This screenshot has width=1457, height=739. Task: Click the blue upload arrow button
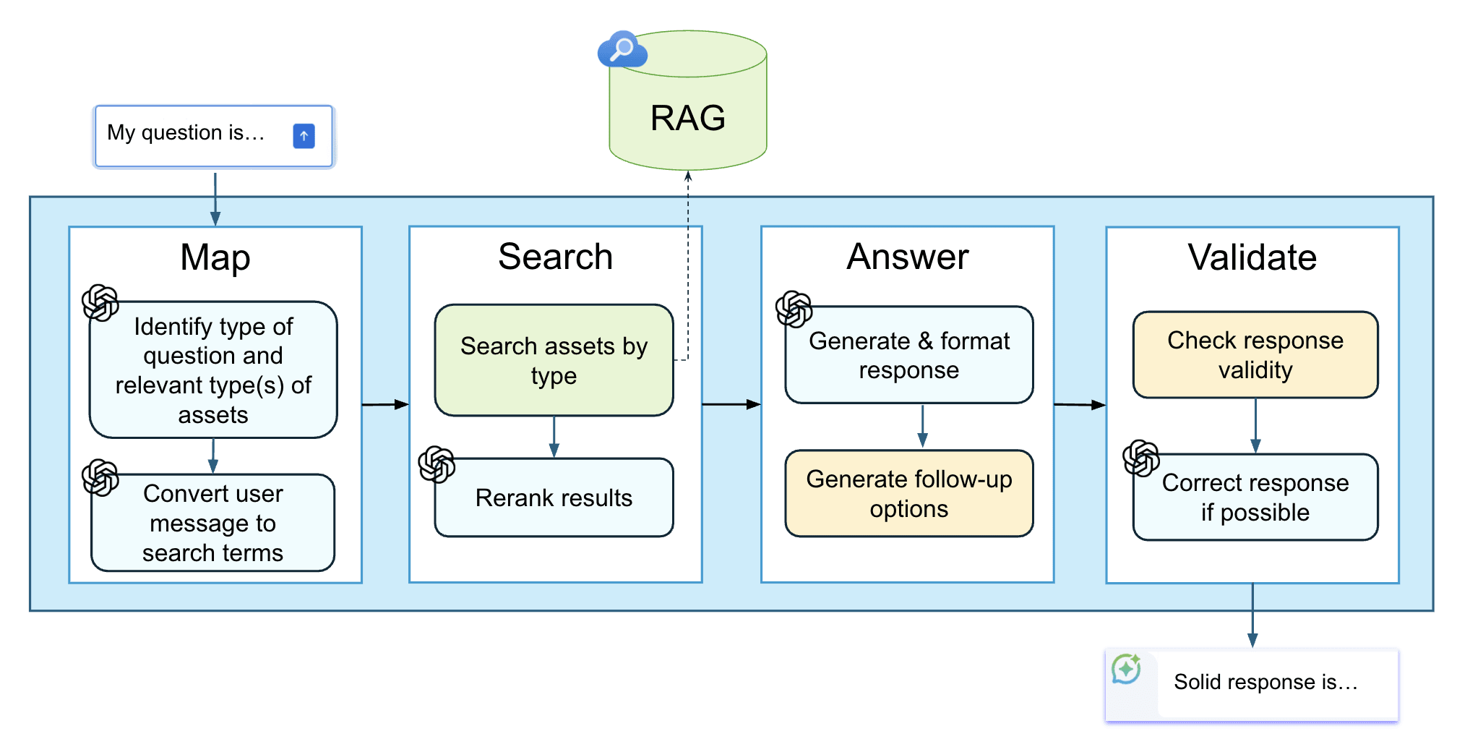click(x=304, y=136)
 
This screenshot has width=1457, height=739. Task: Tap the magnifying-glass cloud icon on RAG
click(x=622, y=50)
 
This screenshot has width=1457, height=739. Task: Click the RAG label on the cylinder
click(x=687, y=118)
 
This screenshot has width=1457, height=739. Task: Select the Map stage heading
click(x=215, y=258)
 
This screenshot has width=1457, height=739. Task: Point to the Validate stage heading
click(x=1252, y=257)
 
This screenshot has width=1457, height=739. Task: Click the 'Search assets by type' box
click(x=554, y=360)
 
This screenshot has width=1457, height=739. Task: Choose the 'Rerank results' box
click(x=554, y=497)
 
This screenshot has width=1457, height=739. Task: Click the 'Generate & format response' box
click(x=909, y=355)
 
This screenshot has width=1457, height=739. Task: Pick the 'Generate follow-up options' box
click(x=909, y=494)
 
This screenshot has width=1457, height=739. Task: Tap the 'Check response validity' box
click(x=1255, y=355)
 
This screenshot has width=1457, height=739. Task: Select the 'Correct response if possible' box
click(x=1255, y=497)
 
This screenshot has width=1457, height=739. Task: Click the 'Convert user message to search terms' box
click(x=213, y=523)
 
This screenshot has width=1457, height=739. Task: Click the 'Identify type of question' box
click(x=213, y=369)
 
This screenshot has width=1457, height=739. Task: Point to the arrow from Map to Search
click(x=385, y=405)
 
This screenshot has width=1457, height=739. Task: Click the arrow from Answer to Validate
click(x=1080, y=405)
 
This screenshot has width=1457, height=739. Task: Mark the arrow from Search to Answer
click(x=731, y=404)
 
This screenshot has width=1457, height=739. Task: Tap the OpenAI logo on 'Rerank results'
click(x=437, y=464)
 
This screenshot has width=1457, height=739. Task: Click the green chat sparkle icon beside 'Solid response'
click(x=1126, y=669)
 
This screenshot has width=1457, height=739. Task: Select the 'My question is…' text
click(x=186, y=133)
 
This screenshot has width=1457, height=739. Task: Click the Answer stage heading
click(x=908, y=257)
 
